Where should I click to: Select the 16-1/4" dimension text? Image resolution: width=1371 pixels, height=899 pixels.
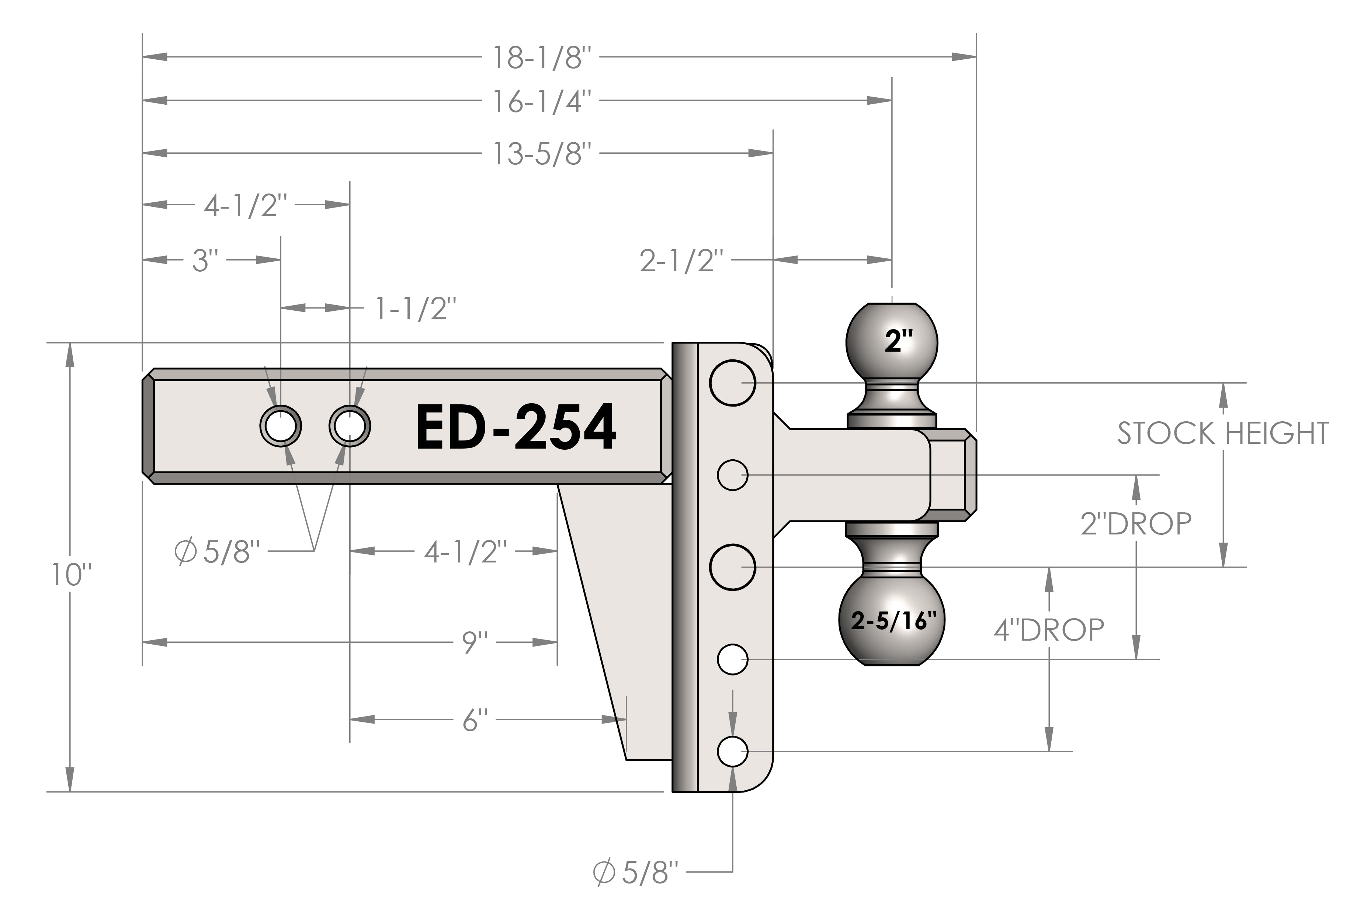[x=542, y=101]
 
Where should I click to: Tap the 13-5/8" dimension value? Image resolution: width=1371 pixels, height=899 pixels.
[x=542, y=154]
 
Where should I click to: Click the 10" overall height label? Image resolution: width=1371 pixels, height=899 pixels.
[x=72, y=574]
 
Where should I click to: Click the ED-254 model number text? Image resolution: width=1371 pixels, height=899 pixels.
[x=516, y=427]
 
